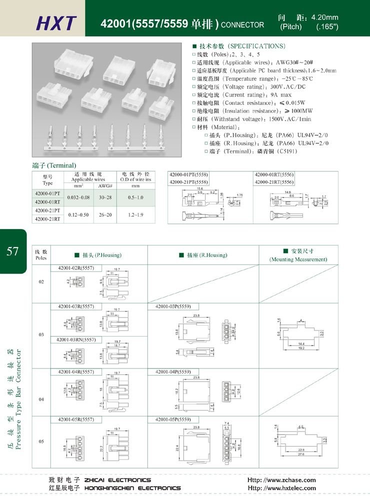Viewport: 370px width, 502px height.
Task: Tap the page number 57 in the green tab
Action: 12,251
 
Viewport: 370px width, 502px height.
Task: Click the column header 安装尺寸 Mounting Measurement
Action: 298,255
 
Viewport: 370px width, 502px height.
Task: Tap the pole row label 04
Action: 41,392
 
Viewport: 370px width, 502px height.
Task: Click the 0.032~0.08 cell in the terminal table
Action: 78,197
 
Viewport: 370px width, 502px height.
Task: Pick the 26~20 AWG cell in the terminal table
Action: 105,215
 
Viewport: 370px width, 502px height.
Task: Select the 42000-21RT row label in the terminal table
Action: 47,219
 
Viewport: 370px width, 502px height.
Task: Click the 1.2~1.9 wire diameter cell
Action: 135,215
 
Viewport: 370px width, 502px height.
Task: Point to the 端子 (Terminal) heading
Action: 54,165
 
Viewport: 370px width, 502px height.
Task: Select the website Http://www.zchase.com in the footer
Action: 281,480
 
